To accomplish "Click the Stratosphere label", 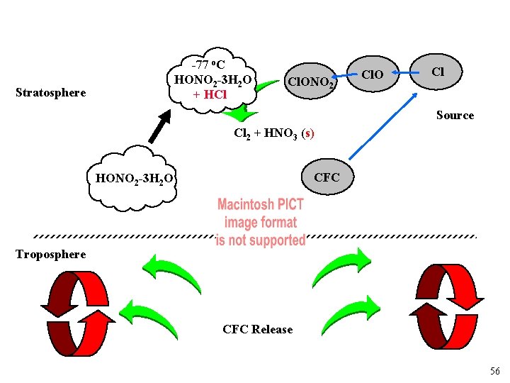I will (x=50, y=92).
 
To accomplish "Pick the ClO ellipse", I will (x=373, y=74).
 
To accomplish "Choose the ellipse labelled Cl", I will (x=438, y=71).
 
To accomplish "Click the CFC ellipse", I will (x=327, y=177).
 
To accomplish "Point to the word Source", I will (x=455, y=115).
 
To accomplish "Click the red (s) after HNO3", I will (x=307, y=133).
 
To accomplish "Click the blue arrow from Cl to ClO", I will (x=404, y=72).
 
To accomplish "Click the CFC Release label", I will (x=257, y=329).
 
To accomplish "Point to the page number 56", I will (x=494, y=372).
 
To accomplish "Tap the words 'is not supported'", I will (x=261, y=240).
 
